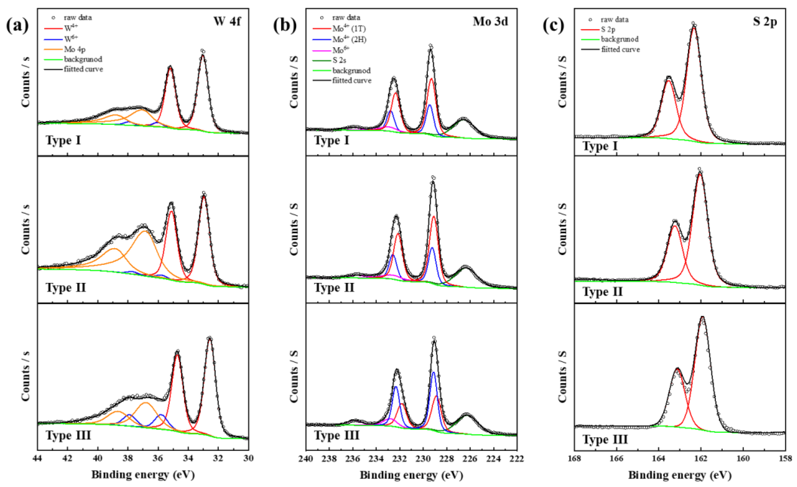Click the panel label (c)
(x=553, y=25)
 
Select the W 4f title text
(x=227, y=21)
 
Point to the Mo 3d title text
(x=490, y=21)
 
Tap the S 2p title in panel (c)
(x=765, y=21)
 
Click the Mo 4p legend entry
(x=75, y=49)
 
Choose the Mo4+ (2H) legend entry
(x=349, y=39)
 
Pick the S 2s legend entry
(x=339, y=60)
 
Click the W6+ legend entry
(x=71, y=39)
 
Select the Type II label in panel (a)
(x=66, y=287)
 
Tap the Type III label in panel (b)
(x=337, y=435)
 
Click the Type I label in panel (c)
(x=600, y=146)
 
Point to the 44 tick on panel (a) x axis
(x=38, y=458)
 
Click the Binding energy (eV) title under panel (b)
(x=412, y=475)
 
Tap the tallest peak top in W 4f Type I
(x=203, y=52)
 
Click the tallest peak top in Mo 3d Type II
(x=433, y=178)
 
